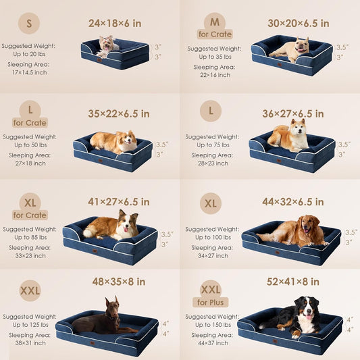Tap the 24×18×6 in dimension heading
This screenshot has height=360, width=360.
(x=115, y=23)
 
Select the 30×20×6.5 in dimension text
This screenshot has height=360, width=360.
(x=298, y=23)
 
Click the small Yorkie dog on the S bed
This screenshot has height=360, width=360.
(x=106, y=46)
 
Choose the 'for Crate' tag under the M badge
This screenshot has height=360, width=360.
(x=215, y=34)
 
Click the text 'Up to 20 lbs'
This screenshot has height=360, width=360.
(x=30, y=53)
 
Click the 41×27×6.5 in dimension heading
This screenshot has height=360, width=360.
(x=118, y=201)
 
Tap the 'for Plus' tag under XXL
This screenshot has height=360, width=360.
(x=210, y=302)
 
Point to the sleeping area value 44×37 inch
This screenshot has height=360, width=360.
(x=210, y=343)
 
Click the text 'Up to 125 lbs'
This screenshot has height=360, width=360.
(x=30, y=325)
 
